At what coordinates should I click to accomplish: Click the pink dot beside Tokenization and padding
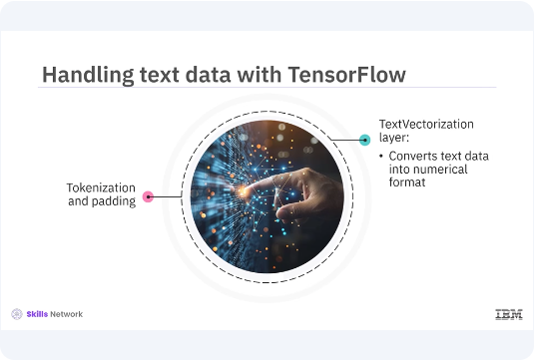[x=147, y=196]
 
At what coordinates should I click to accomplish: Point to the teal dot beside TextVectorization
[x=365, y=140]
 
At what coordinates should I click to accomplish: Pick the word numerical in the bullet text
[x=434, y=172]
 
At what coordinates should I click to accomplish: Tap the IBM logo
[x=508, y=314]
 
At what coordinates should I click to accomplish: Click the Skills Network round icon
[x=17, y=314]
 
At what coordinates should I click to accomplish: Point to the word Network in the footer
[x=68, y=314]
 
